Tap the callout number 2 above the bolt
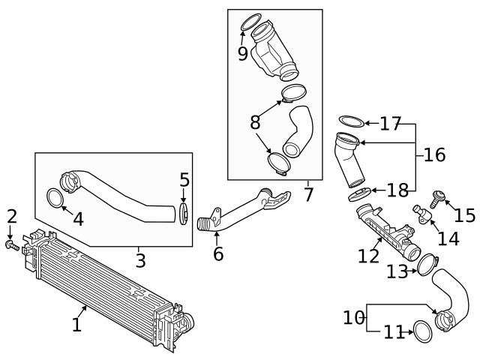[11, 217]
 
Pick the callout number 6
[217, 254]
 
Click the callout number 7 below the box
[309, 195]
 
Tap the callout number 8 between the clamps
[256, 121]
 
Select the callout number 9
[242, 53]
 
